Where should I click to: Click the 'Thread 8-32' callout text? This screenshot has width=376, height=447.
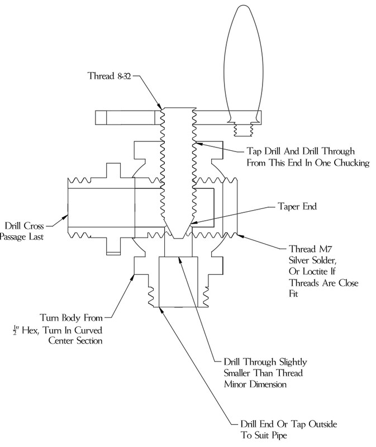109,76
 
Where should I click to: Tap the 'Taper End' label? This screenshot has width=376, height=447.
297,206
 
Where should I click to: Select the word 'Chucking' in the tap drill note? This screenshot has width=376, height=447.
351,163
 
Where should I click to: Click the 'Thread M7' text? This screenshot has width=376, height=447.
311,249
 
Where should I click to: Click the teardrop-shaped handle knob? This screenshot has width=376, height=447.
243,64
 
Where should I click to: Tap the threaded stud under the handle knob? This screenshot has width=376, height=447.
243,130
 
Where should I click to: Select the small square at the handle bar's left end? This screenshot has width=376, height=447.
101,118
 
